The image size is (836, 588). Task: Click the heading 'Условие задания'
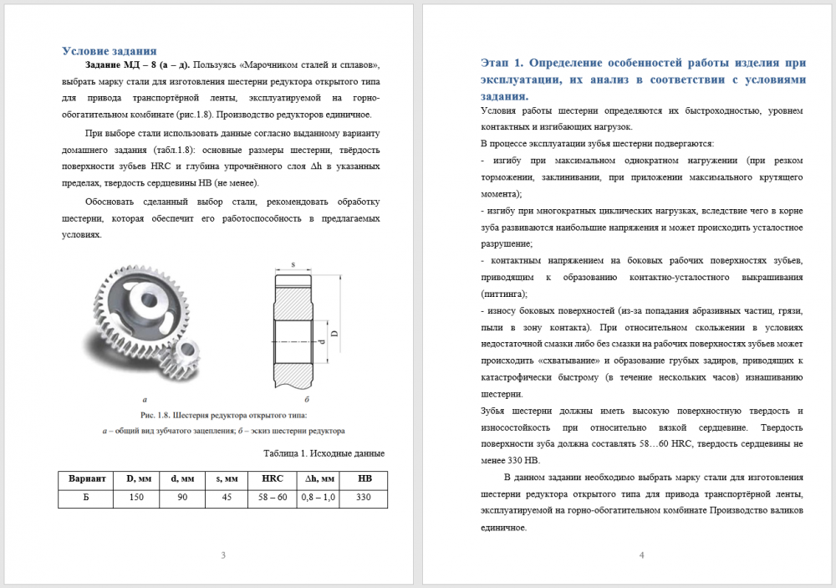[110, 50]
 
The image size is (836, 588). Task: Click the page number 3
[222, 555]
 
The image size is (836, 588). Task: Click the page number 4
[641, 555]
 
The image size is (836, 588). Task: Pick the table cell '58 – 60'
[273, 498]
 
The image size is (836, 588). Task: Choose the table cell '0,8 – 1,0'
[319, 498]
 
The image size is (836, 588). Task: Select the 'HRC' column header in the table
[273, 478]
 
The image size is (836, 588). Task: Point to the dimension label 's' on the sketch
[293, 264]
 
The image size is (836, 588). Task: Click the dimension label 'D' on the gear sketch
[334, 333]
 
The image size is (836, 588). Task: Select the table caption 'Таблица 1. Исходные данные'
[323, 453]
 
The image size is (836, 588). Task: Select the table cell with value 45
[226, 498]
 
